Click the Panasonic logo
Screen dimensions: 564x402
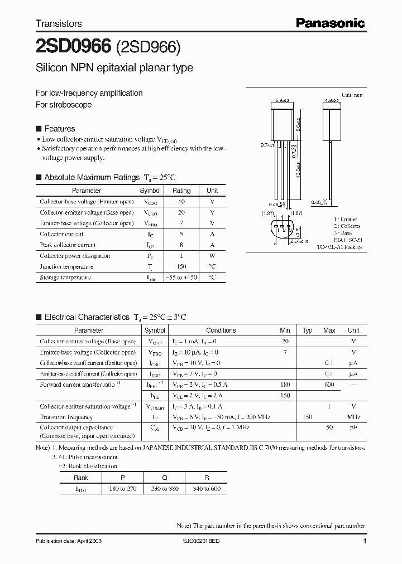click(330, 23)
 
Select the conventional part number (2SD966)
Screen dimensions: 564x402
click(148, 48)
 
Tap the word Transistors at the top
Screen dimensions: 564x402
click(59, 23)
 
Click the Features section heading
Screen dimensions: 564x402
click(59, 129)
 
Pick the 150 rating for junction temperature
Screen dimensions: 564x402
click(181, 266)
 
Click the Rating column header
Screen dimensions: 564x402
click(181, 191)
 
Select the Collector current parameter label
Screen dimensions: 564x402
click(61, 235)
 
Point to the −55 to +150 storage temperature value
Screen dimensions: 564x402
click(181, 277)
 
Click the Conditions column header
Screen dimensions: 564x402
click(221, 330)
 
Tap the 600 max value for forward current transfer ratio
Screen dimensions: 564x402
click(329, 385)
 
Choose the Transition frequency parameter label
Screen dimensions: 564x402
click(66, 417)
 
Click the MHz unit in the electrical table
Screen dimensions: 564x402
click(353, 417)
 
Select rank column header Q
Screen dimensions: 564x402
click(165, 478)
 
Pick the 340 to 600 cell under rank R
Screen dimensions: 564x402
click(206, 488)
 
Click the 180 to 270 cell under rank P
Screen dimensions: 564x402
click(123, 488)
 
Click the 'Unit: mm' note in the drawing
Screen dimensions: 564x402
click(352, 95)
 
